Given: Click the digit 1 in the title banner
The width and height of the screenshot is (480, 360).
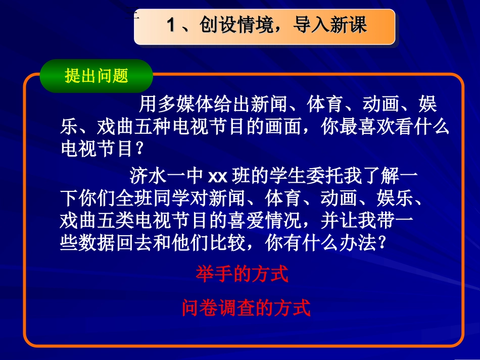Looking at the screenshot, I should click(x=171, y=25).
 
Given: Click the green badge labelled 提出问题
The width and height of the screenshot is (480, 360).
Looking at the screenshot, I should click(x=96, y=76).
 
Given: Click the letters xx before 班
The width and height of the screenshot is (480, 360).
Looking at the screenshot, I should click(x=219, y=177).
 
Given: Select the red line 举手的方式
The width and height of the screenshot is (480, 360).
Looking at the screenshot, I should click(x=242, y=274).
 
